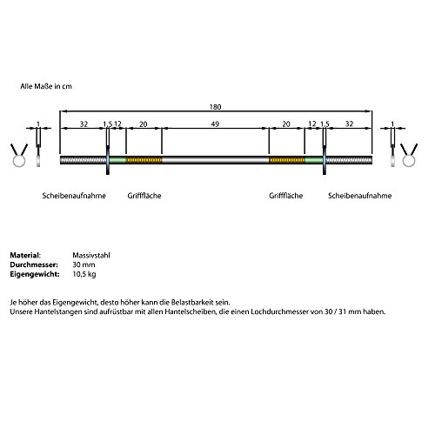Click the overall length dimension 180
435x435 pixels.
pyautogui.click(x=215, y=107)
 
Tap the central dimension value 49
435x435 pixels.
pyautogui.click(x=215, y=124)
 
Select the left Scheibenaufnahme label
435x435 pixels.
pyautogui.click(x=74, y=196)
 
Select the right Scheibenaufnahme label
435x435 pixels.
pyautogui.click(x=359, y=196)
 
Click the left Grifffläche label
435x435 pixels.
pyautogui.click(x=144, y=196)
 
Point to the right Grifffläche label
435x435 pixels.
pyautogui.click(x=285, y=196)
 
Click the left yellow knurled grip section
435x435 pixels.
pyautogui.click(x=144, y=160)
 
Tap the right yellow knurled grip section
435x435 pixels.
pyautogui.click(x=287, y=160)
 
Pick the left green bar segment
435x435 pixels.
pyautogui.click(x=117, y=160)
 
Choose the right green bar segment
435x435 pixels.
pyautogui.click(x=314, y=160)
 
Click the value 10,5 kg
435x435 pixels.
pyautogui.click(x=84, y=274)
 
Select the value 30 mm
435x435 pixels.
pyautogui.click(x=84, y=264)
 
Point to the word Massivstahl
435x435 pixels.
pyautogui.click(x=91, y=256)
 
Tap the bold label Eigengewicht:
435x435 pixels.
pyautogui.click(x=35, y=274)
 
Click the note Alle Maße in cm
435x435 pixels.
pyautogui.click(x=46, y=86)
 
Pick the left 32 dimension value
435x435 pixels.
pyautogui.click(x=84, y=124)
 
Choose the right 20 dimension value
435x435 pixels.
pyautogui.click(x=286, y=124)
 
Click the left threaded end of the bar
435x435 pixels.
pyautogui.click(x=84, y=160)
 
